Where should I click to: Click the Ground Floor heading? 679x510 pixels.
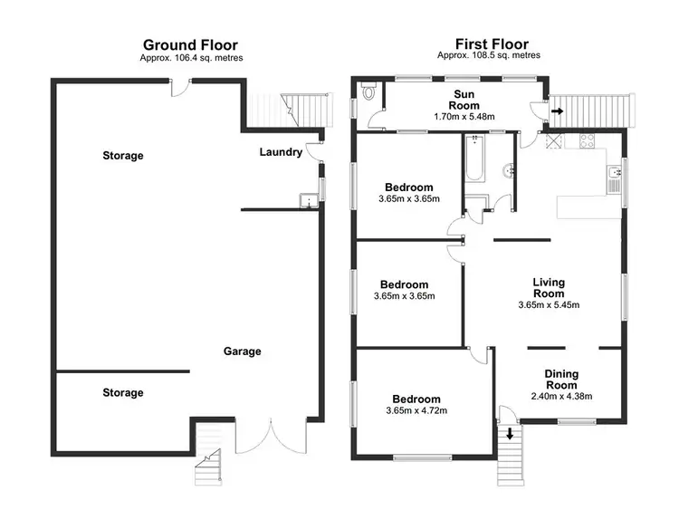click(x=191, y=43)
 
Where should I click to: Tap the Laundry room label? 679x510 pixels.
click(x=281, y=152)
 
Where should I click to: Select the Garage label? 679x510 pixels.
click(x=243, y=351)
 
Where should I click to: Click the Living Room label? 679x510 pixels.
click(x=549, y=288)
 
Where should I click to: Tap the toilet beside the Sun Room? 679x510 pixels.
click(x=368, y=93)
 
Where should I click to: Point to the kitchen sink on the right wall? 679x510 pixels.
click(x=615, y=172)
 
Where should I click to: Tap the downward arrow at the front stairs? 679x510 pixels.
click(x=510, y=435)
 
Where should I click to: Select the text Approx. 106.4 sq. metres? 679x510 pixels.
click(x=191, y=58)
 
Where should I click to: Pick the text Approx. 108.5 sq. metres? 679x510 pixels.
click(x=489, y=55)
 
